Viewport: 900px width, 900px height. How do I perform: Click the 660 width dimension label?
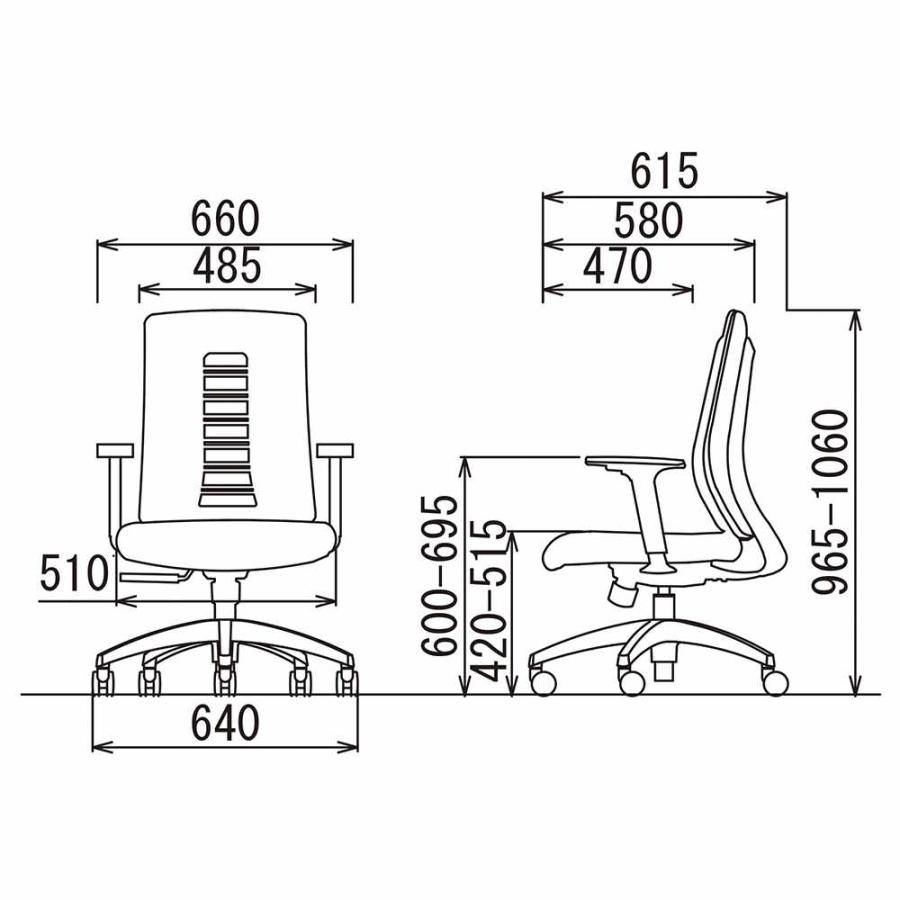click(x=225, y=219)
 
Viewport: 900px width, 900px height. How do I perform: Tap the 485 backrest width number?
click(x=227, y=265)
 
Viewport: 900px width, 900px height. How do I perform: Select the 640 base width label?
click(x=225, y=723)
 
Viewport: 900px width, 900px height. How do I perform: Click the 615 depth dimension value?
click(x=664, y=170)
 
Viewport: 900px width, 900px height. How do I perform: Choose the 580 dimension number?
click(x=649, y=220)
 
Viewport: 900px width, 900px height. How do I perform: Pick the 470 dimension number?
click(x=618, y=266)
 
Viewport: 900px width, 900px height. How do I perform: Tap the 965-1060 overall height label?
click(x=830, y=501)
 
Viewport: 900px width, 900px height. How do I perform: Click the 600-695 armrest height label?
click(x=440, y=575)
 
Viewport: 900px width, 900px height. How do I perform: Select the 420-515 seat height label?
click(x=488, y=601)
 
